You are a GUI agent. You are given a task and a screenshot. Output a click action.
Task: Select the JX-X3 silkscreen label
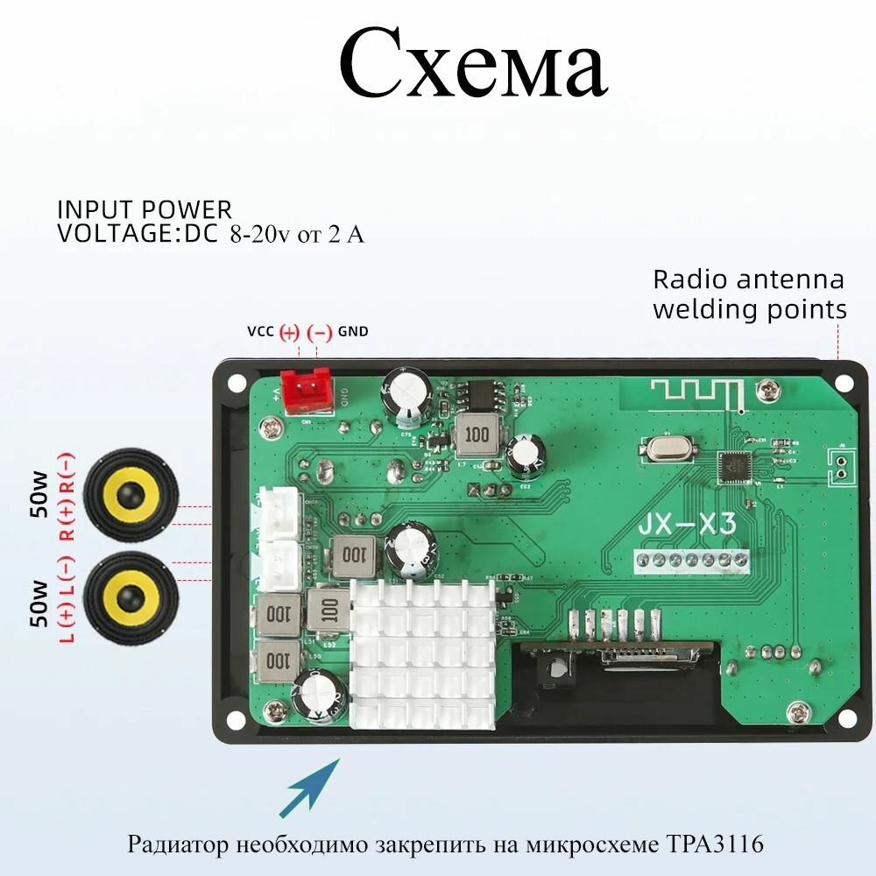pos(686,525)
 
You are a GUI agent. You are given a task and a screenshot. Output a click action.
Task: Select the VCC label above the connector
pos(260,332)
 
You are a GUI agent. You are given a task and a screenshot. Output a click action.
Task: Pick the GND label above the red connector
pos(353,332)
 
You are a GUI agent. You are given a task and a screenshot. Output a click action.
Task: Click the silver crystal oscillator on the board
pos(668,449)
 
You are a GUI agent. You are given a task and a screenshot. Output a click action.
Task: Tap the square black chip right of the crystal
pos(735,469)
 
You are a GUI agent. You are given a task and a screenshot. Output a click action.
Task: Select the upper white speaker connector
pos(280,508)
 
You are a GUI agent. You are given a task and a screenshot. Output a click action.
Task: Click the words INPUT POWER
pos(145,210)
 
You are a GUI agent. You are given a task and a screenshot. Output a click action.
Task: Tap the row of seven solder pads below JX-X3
pos(691,559)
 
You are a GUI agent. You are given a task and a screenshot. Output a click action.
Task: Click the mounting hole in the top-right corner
pos(844,384)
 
